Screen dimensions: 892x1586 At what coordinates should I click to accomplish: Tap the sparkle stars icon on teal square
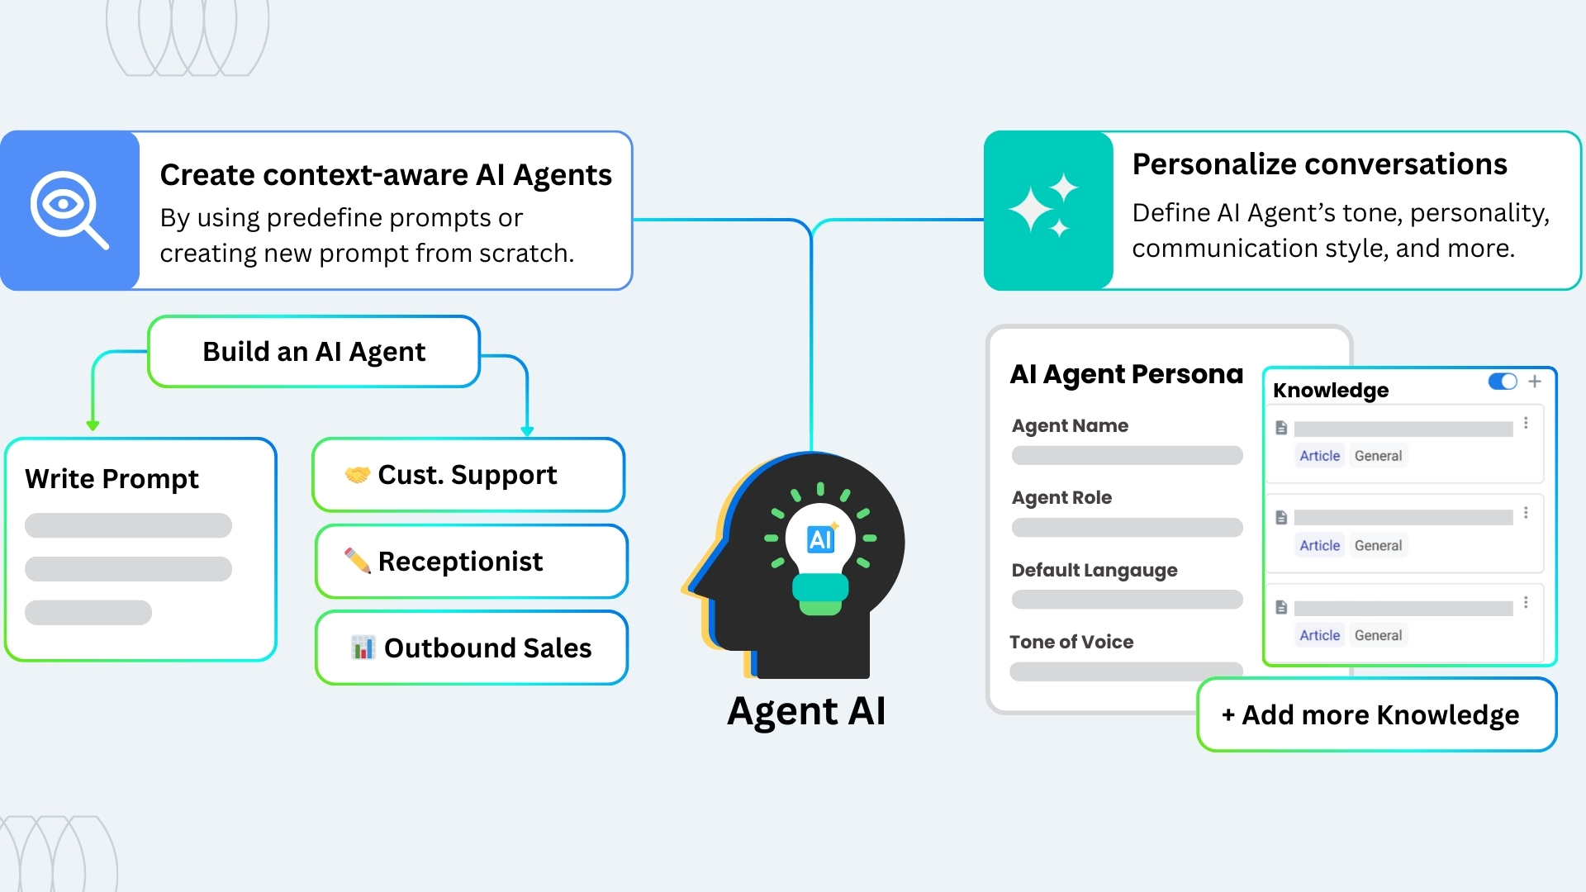point(1045,208)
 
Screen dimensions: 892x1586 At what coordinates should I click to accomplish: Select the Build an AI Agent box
point(314,352)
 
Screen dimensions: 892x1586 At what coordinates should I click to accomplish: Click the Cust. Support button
point(468,475)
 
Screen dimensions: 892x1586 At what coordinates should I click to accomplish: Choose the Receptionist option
point(472,562)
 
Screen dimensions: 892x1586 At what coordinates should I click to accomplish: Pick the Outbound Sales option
point(472,648)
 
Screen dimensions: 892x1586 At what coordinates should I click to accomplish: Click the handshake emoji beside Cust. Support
point(358,475)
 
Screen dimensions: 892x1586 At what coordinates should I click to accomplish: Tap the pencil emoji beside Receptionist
point(358,561)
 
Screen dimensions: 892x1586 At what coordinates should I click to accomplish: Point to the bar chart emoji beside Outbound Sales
point(363,648)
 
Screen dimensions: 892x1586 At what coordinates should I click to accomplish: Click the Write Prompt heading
point(112,479)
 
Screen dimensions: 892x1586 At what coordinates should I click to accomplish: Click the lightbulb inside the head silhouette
point(820,553)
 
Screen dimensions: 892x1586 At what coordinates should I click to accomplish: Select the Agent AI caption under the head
point(807,711)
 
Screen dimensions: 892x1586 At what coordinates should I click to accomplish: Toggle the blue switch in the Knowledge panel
point(1503,382)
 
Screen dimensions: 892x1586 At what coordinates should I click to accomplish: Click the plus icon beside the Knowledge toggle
point(1535,382)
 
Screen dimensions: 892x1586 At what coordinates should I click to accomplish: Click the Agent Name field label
point(1070,426)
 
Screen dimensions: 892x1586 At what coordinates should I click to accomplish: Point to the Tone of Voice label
point(1071,643)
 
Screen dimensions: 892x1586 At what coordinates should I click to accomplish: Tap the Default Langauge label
point(1095,571)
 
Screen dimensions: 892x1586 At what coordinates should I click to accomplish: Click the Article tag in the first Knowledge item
point(1319,456)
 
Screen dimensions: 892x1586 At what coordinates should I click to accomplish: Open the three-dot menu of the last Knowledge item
point(1526,603)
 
